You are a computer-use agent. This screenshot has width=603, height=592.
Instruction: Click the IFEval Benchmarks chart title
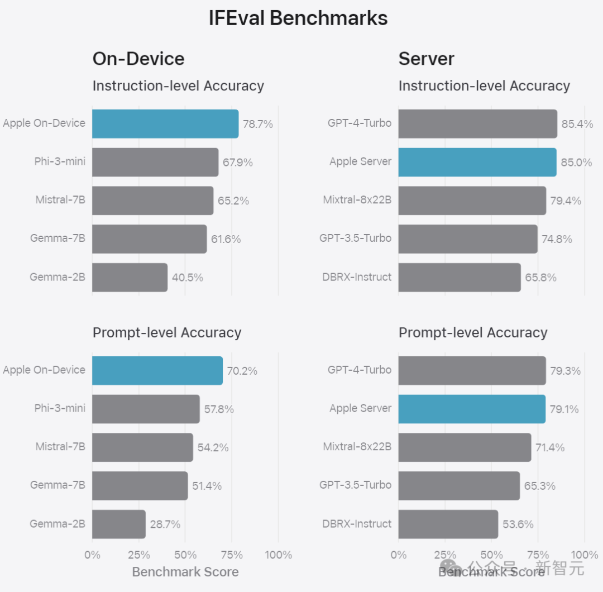(298, 18)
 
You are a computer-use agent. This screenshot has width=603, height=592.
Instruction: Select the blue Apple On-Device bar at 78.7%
(165, 124)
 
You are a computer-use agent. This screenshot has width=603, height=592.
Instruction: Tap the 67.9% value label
(237, 163)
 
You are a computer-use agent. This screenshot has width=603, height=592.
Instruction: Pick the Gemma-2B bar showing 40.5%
(130, 278)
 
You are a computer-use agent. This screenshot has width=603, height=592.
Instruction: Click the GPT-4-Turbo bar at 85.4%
(477, 124)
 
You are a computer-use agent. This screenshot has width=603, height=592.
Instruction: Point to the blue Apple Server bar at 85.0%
(477, 162)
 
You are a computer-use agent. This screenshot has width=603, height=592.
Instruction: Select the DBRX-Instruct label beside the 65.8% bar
(357, 277)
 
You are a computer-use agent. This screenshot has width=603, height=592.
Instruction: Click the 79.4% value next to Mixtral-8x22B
(566, 200)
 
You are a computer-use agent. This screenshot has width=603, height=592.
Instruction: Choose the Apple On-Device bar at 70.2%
(157, 371)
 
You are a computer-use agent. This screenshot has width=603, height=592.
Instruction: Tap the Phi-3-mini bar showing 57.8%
(146, 409)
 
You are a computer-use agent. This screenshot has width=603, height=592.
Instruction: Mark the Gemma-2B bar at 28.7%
(119, 524)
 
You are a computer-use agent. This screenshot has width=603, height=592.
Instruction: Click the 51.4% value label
(207, 486)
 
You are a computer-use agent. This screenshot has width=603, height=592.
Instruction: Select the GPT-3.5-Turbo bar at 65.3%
(459, 486)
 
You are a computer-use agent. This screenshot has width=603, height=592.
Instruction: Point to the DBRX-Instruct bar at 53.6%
(448, 524)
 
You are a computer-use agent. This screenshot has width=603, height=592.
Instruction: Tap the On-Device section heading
(138, 59)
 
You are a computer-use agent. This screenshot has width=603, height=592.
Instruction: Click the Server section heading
(427, 59)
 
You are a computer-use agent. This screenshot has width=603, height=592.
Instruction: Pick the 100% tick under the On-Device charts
(278, 555)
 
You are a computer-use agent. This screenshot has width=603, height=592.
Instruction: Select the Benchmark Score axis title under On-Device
(185, 572)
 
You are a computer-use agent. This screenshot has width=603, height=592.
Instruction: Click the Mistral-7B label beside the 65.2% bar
(60, 199)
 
